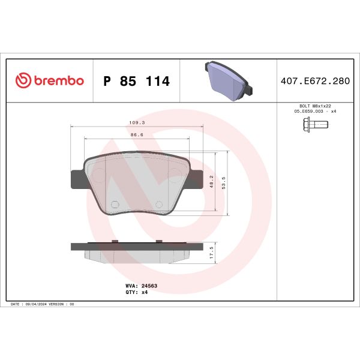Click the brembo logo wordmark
click(x=57, y=81)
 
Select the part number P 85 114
click(x=137, y=81)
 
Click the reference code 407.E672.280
click(x=314, y=81)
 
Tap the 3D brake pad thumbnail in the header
click(x=229, y=80)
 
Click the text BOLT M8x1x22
click(x=314, y=106)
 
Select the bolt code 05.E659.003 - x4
click(x=314, y=112)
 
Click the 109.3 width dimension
click(x=137, y=122)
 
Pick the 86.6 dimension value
click(x=137, y=136)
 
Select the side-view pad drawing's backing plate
click(x=137, y=245)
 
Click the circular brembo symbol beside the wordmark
click(x=23, y=81)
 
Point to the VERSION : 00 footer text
click(x=63, y=305)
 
